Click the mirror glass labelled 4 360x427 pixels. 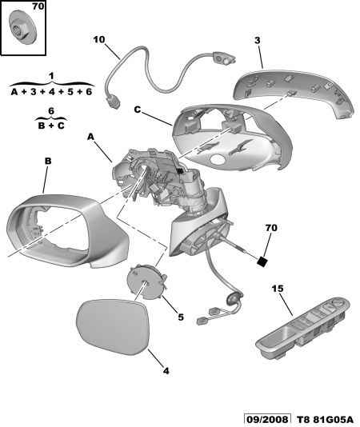point(113,326)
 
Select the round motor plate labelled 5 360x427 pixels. point(147,281)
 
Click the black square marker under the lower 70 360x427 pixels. point(262,261)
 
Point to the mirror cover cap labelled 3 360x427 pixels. point(294,94)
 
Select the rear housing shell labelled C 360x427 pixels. point(232,138)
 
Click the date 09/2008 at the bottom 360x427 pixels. point(267,419)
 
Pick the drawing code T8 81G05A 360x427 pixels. point(325,419)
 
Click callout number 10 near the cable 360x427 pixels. point(99,40)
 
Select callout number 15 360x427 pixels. point(278,289)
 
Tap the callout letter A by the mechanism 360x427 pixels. point(90,137)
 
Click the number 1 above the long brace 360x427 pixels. point(51,76)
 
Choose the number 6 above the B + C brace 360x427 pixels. point(51,111)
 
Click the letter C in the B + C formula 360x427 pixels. point(61,126)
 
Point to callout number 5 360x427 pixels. point(181,317)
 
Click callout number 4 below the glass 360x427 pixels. point(166,371)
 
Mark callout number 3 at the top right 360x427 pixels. point(258,40)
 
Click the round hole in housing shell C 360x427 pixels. point(218,159)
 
